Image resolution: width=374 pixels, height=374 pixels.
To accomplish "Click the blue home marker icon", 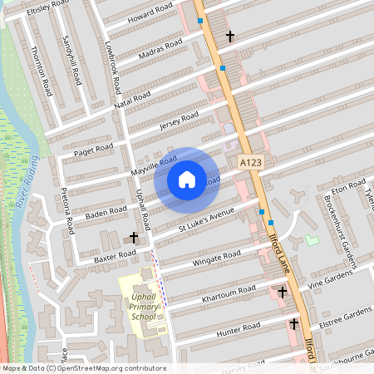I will click(x=187, y=180).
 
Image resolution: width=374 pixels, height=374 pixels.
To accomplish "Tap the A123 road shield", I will click(x=249, y=163).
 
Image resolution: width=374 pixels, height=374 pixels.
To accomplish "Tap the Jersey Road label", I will click(x=175, y=123).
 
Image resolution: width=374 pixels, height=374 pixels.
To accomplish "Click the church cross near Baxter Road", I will click(x=134, y=238).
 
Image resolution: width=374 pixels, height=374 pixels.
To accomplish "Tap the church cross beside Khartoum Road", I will click(x=283, y=293).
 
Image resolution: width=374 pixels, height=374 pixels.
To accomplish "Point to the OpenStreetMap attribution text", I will click(x=83, y=368).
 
